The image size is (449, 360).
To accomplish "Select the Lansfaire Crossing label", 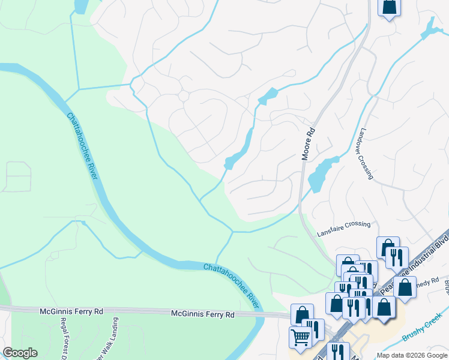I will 343,224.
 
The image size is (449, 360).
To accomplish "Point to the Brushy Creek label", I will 421,330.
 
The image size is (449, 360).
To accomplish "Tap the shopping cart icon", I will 300,337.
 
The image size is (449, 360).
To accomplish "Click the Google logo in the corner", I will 20,353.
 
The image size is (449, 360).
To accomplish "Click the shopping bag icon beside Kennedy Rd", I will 405,287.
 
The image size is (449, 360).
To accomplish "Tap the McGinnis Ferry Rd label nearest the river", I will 201,313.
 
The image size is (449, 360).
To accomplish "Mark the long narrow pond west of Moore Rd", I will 240,150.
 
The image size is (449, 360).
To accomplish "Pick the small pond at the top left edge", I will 80,6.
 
